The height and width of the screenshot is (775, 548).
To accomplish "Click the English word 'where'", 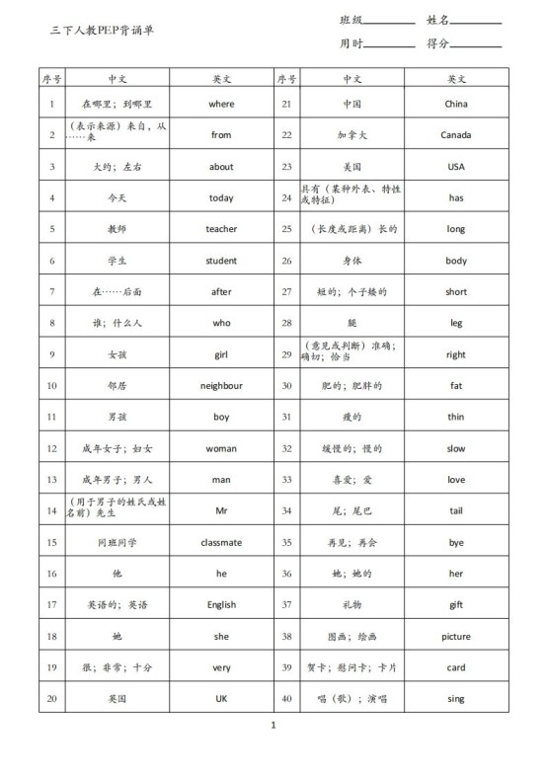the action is point(221,104).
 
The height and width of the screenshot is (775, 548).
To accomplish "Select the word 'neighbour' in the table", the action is point(221,386).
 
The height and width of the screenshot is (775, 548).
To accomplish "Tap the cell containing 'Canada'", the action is point(455,135).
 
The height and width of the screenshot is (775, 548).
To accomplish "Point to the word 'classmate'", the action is point(221,543).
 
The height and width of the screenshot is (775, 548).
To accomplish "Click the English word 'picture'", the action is point(455,637).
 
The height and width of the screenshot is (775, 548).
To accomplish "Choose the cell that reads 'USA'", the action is point(455,167).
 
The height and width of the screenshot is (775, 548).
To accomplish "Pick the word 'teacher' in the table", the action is point(221,229).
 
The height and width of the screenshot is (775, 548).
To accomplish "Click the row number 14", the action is point(51,511).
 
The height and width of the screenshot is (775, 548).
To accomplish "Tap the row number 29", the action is point(286,354).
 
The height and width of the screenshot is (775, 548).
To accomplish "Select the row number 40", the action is point(286,699).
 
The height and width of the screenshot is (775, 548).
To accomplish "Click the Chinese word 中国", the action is point(352,104).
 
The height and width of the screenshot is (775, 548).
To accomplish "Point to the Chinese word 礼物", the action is point(352,605).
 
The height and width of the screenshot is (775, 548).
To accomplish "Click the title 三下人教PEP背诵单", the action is point(102,31).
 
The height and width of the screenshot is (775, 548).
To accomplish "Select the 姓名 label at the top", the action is point(438,20).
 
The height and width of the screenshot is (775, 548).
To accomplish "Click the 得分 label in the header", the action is point(438,43).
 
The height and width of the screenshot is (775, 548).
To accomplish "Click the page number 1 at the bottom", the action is point(274,726).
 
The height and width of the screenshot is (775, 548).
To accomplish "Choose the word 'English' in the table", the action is point(221,605).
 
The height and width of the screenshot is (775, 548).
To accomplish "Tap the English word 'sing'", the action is point(455,699).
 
